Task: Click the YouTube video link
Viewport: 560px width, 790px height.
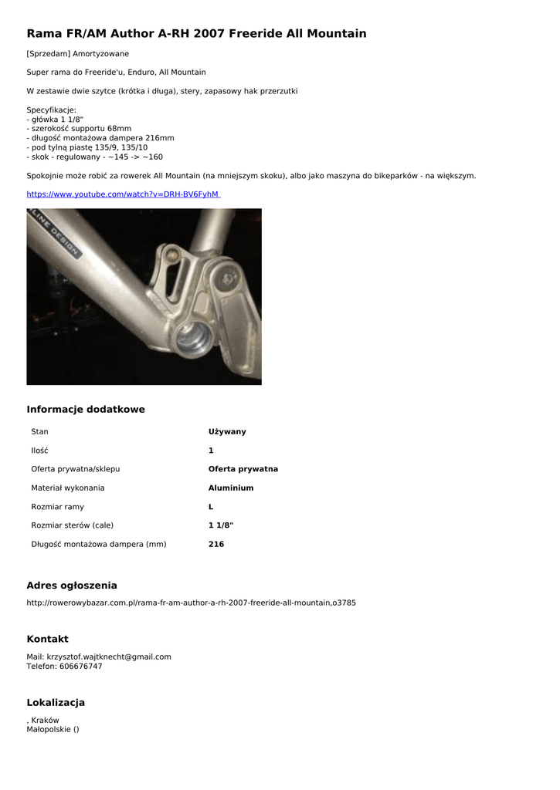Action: click(x=123, y=194)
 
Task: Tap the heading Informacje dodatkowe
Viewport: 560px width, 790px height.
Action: click(x=86, y=410)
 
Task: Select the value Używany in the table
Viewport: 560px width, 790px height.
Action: click(x=227, y=432)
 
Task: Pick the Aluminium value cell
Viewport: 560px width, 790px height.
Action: click(x=231, y=488)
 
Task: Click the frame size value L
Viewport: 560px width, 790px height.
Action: click(x=211, y=507)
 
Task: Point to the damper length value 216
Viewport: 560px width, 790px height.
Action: click(x=216, y=545)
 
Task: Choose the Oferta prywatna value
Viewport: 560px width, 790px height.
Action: click(x=243, y=469)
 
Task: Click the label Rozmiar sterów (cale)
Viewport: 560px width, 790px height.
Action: click(x=72, y=525)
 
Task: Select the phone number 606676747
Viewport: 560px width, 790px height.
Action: click(x=80, y=667)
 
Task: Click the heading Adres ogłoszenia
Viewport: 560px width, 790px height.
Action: click(x=72, y=586)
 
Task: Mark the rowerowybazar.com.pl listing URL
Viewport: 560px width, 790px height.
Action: click(x=192, y=603)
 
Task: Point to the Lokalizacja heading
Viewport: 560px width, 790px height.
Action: click(x=56, y=703)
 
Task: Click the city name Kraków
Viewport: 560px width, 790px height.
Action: click(x=45, y=721)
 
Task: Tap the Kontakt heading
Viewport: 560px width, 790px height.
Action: click(x=48, y=640)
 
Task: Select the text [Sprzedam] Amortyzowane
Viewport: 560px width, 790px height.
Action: click(x=78, y=54)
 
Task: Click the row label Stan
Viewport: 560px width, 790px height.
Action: click(x=39, y=432)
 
